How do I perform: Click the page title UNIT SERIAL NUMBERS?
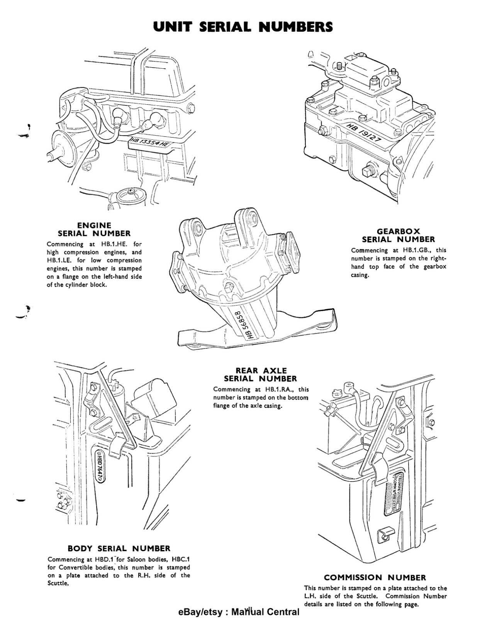[x=243, y=27]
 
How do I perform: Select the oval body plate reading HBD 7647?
[x=98, y=466]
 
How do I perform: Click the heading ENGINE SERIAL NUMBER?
[x=94, y=229]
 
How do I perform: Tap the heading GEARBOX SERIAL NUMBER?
[x=398, y=235]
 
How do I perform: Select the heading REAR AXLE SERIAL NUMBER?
[x=261, y=375]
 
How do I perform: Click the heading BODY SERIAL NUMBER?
[x=119, y=548]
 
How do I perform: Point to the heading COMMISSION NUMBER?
[x=375, y=577]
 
